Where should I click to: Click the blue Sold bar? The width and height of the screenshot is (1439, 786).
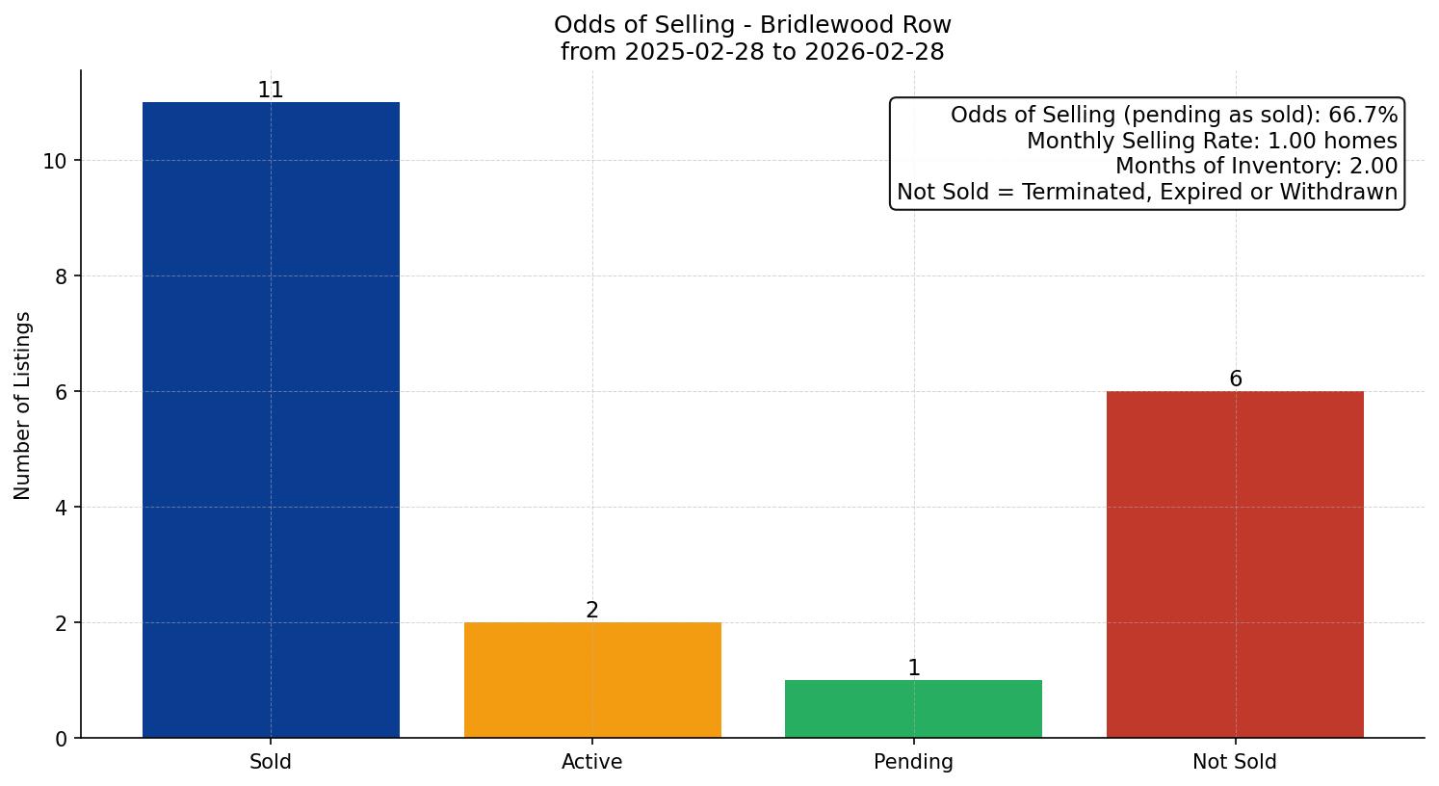pyautogui.click(x=271, y=420)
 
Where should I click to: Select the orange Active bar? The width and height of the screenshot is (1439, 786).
pyautogui.click(x=592, y=680)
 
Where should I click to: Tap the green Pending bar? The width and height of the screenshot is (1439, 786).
pyautogui.click(x=913, y=709)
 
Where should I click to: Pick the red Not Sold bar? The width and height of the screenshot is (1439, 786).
pyautogui.click(x=1235, y=564)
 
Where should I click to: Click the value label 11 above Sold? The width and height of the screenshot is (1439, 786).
pyautogui.click(x=271, y=91)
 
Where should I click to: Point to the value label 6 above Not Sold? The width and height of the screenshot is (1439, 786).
pyautogui.click(x=1235, y=380)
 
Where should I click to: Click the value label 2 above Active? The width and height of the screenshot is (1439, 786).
pyautogui.click(x=592, y=611)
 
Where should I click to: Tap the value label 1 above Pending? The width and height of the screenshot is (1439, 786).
pyautogui.click(x=913, y=668)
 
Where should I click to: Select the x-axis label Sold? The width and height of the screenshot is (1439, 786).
pyautogui.click(x=271, y=762)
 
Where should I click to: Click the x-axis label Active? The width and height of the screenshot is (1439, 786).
pyautogui.click(x=592, y=762)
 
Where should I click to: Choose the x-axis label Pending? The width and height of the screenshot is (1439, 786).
pyautogui.click(x=913, y=762)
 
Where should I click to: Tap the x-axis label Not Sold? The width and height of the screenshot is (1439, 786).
pyautogui.click(x=1235, y=762)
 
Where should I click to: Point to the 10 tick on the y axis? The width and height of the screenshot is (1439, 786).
pyautogui.click(x=55, y=161)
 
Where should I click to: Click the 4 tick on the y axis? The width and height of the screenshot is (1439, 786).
pyautogui.click(x=62, y=508)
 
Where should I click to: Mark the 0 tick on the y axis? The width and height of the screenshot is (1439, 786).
pyautogui.click(x=62, y=739)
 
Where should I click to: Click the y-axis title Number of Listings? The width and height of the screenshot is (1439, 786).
pyautogui.click(x=23, y=406)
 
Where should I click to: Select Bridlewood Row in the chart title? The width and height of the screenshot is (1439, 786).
pyautogui.click(x=855, y=25)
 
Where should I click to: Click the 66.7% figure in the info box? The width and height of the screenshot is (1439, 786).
pyautogui.click(x=1362, y=116)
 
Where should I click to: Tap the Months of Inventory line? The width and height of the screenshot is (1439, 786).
pyautogui.click(x=1256, y=167)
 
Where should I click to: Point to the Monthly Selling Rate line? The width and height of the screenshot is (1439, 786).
pyautogui.click(x=1212, y=142)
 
